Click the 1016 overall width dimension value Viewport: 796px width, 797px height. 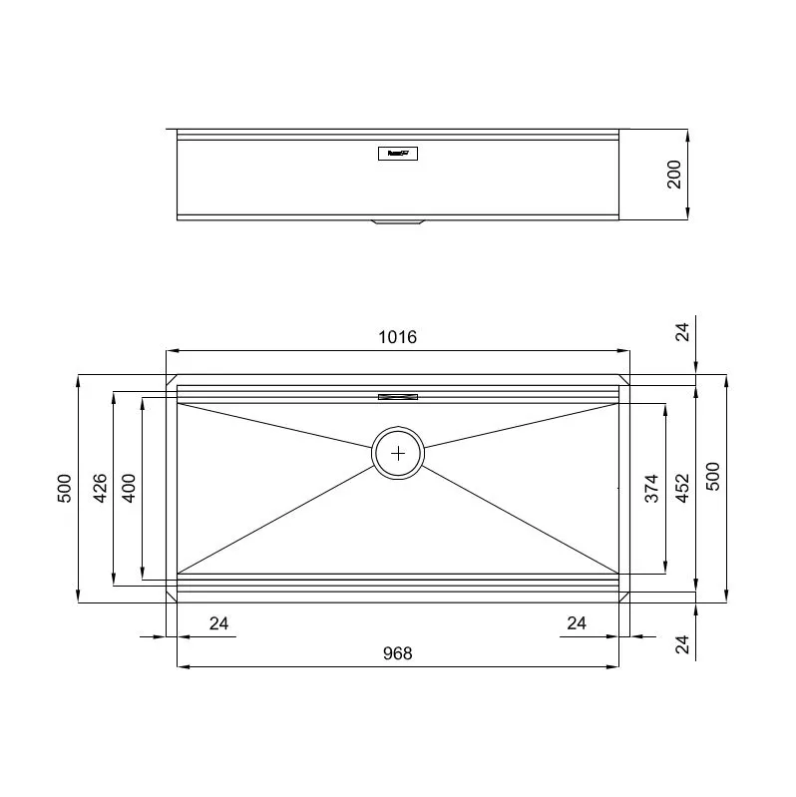tap(397, 337)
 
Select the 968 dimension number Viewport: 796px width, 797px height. tap(397, 653)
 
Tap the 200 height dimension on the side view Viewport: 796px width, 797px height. tap(674, 175)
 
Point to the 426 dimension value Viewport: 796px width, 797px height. tap(100, 488)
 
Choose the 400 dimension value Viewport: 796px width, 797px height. tap(129, 488)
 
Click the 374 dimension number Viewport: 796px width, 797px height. tap(651, 488)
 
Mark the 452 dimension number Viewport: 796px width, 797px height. tap(682, 488)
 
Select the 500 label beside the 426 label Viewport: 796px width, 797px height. tap(65, 488)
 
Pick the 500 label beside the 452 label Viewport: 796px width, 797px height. tap(712, 477)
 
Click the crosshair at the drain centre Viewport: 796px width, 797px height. tap(398, 453)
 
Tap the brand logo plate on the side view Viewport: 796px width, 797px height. tap(398, 154)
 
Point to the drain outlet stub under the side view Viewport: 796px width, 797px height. tap(398, 223)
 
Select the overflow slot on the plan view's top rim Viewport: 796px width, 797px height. tap(398, 397)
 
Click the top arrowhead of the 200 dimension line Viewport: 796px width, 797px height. tap(688, 134)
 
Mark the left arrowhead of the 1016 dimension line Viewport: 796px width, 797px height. tap(171, 351)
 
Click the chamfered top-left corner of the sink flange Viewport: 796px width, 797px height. tap(171, 380)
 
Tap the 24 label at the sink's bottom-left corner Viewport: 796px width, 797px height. tap(219, 624)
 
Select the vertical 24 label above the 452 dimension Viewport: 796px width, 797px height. tap(682, 331)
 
